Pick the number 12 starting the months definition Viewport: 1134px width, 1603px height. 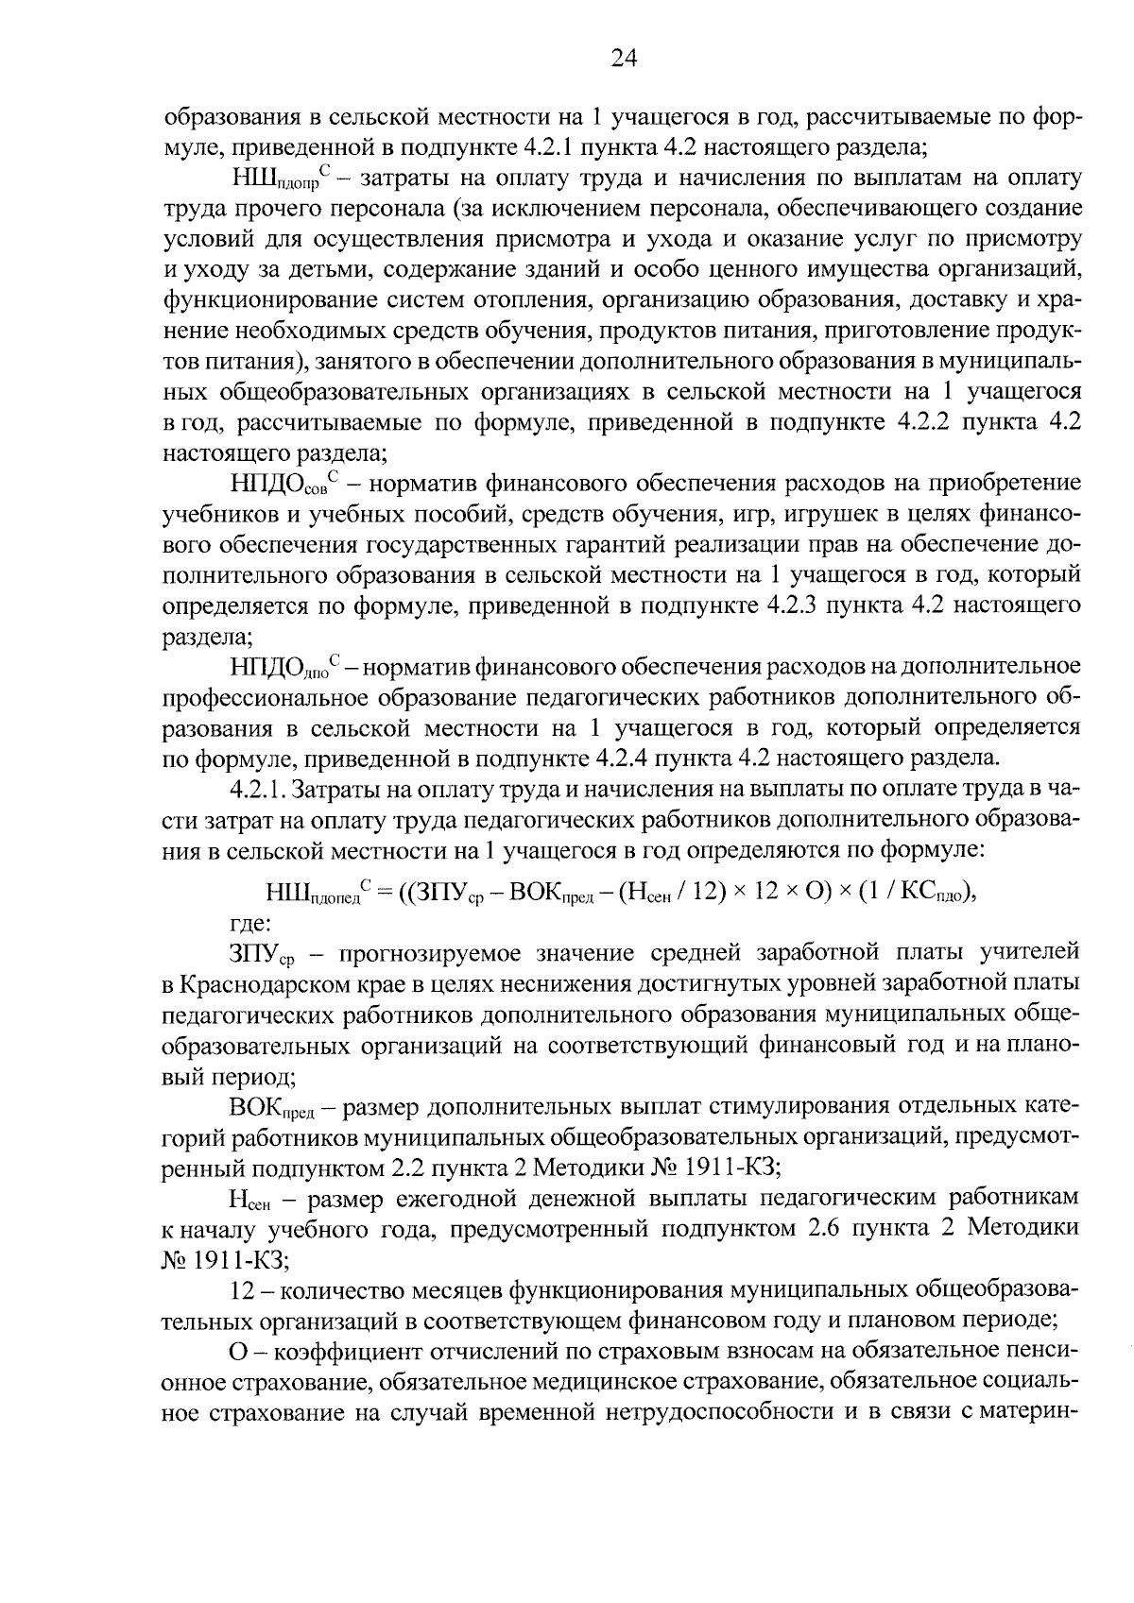[x=241, y=1290]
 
